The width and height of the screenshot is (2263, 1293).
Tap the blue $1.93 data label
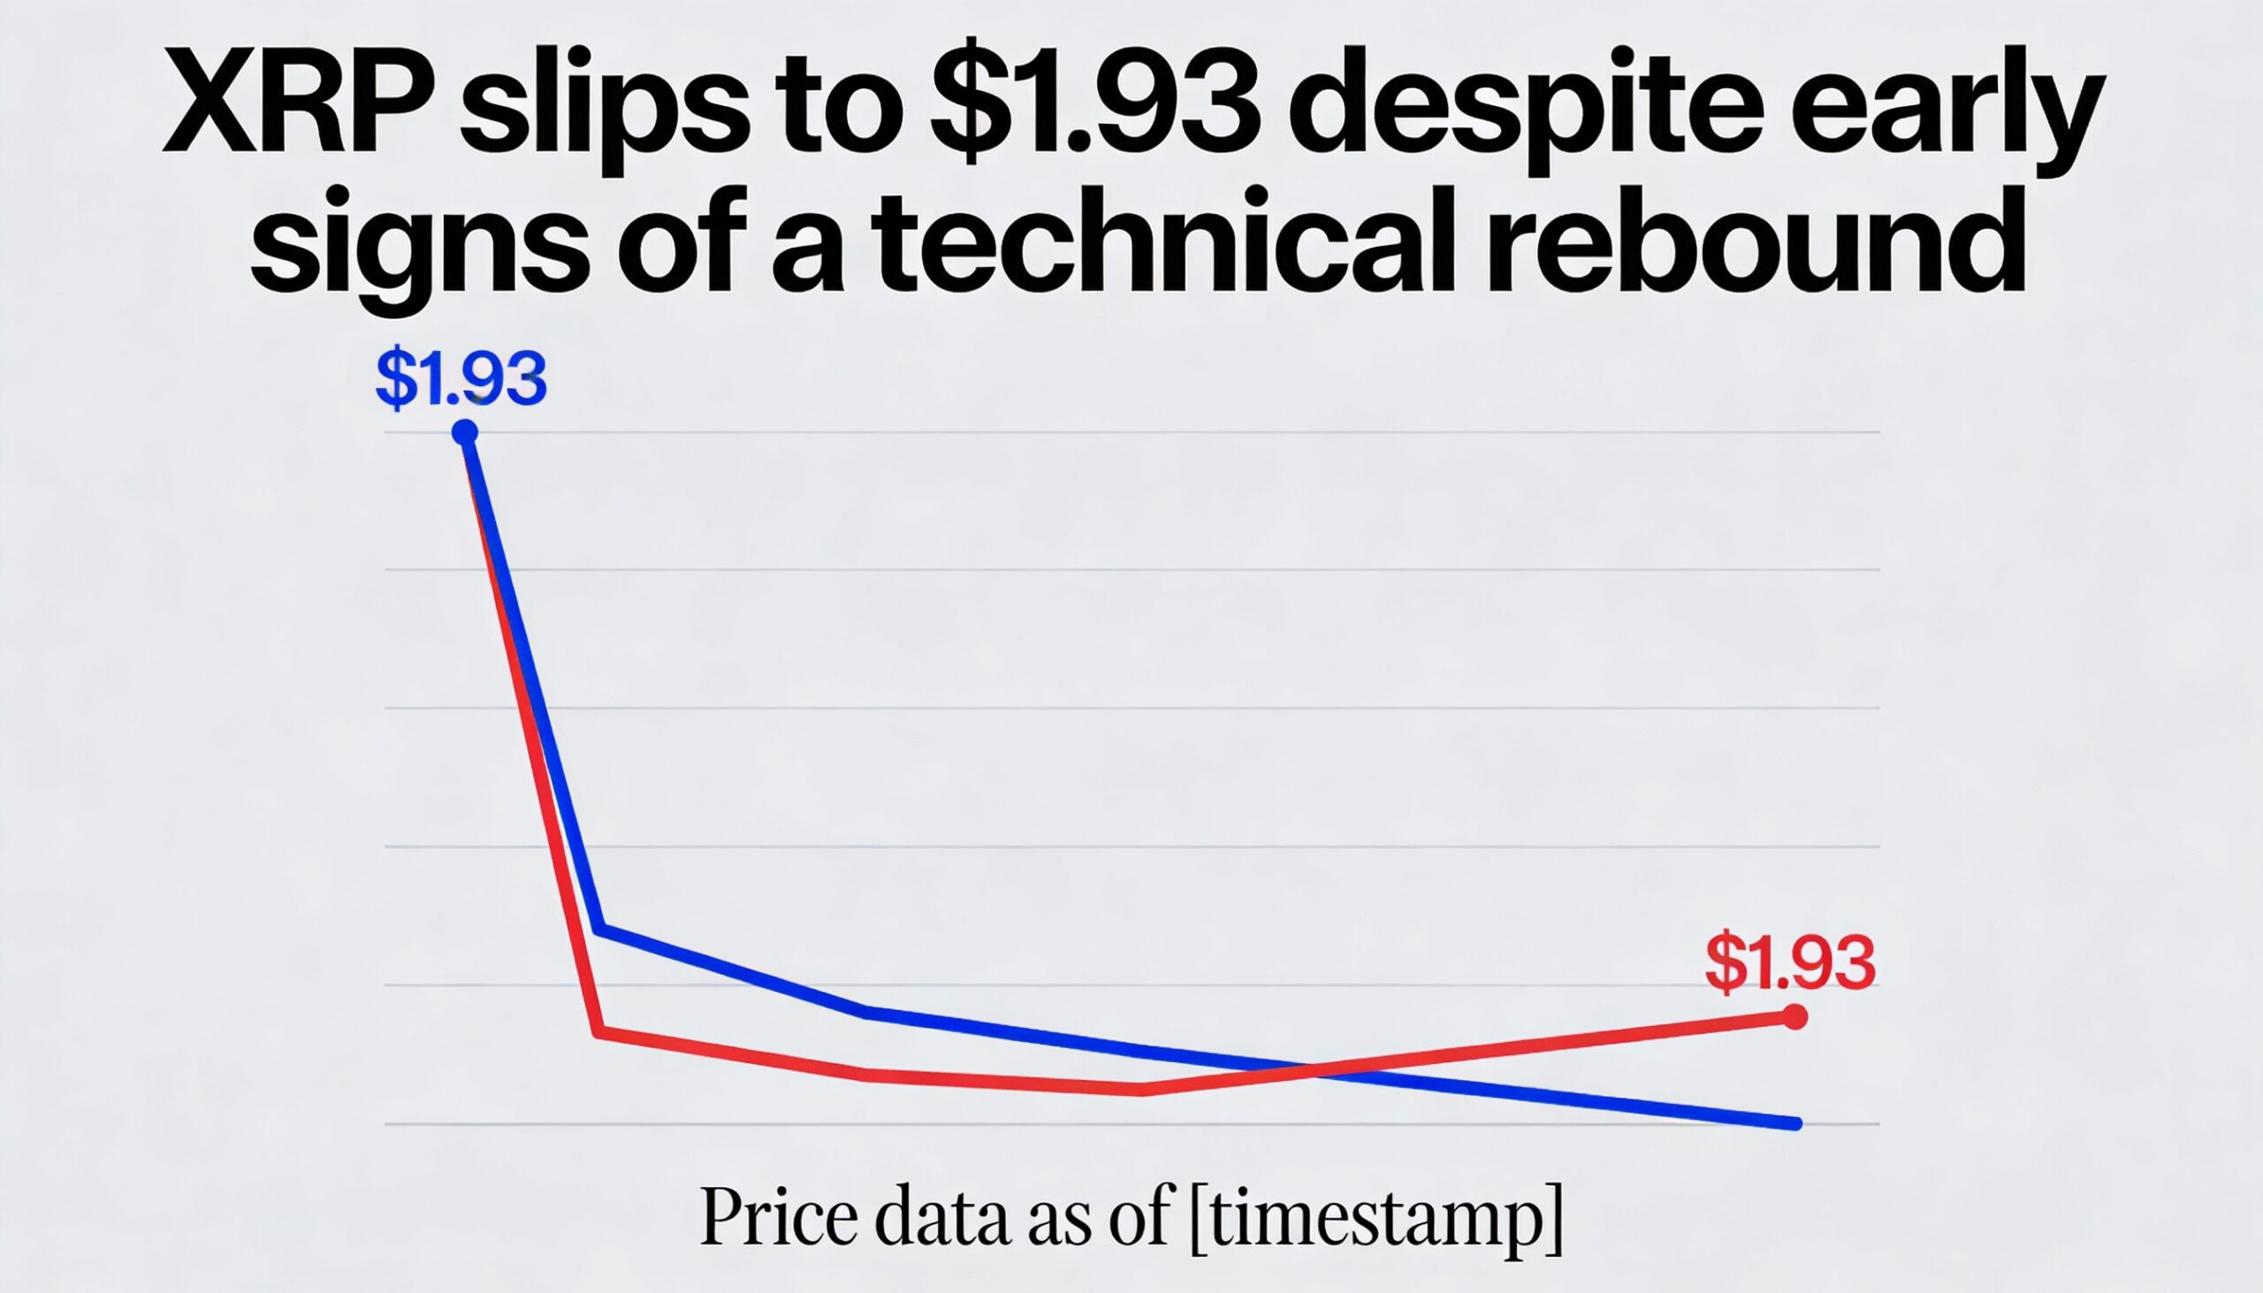[x=461, y=380]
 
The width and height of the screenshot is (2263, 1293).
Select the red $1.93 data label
[x=1790, y=962]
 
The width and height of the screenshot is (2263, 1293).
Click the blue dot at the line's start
[x=464, y=432]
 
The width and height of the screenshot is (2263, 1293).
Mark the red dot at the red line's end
[x=1795, y=1017]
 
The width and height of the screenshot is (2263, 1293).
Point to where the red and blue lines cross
[x=1313, y=1071]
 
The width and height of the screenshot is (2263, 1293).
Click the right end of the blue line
[x=1796, y=1123]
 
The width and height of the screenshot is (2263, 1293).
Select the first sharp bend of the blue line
[x=601, y=930]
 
